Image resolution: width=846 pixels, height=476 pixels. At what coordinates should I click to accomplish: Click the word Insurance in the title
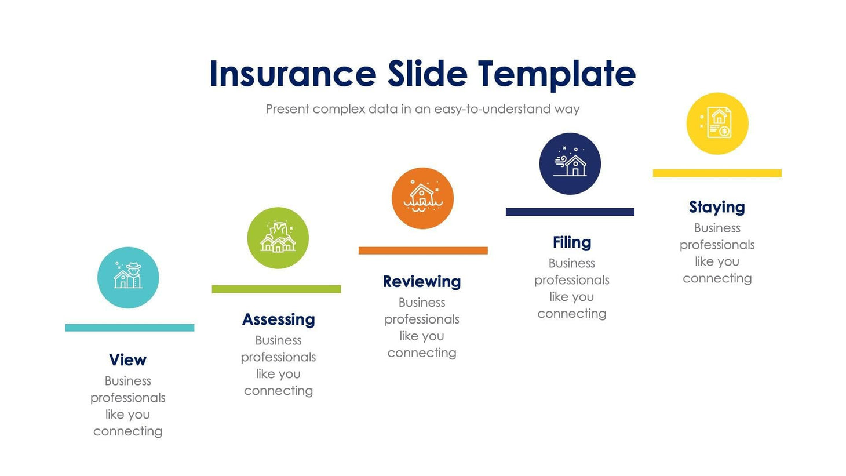tap(293, 74)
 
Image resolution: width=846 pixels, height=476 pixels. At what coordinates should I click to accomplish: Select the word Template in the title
tap(557, 74)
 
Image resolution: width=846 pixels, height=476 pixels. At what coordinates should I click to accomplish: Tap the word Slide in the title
tap(427, 74)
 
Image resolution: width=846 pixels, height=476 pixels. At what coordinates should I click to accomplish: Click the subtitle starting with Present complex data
tap(422, 109)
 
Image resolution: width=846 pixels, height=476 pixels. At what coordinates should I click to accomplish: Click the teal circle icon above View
tap(128, 277)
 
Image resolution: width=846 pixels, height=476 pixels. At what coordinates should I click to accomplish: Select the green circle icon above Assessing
tap(278, 238)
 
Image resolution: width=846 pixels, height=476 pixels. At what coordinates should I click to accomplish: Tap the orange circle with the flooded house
tap(422, 198)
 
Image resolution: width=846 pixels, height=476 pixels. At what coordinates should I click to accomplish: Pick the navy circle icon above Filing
tap(570, 163)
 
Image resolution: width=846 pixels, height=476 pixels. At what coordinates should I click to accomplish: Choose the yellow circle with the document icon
tap(717, 123)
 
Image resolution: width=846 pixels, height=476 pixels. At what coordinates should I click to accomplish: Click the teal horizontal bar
tap(129, 328)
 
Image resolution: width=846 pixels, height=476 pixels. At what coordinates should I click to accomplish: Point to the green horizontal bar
tap(276, 289)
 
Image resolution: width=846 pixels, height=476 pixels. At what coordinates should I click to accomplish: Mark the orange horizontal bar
tap(423, 250)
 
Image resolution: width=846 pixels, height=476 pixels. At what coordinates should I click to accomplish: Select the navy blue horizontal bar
tap(570, 212)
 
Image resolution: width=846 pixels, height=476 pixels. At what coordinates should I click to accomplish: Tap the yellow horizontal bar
tap(717, 173)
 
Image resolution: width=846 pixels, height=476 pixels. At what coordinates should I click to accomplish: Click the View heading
tap(127, 360)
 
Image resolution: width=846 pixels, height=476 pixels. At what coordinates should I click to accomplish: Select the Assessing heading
tap(278, 319)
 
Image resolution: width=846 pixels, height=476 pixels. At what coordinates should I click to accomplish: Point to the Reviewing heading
tap(422, 281)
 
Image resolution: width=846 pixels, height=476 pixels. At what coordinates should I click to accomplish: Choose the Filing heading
tap(572, 242)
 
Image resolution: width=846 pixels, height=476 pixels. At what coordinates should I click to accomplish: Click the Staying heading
tap(717, 207)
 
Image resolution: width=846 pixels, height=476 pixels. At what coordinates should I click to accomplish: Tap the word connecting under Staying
tap(717, 278)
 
